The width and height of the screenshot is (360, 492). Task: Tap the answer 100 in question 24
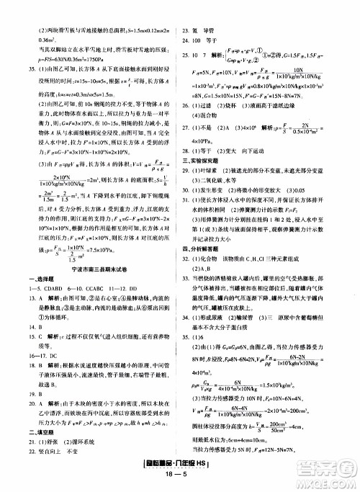(x=217, y=20)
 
